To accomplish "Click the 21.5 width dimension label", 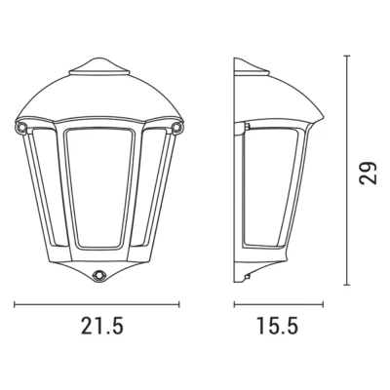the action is tap(102, 326).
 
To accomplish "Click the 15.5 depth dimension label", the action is tap(277, 326).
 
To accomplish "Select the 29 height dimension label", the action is tap(369, 173).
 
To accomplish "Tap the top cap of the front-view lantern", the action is tap(99, 66).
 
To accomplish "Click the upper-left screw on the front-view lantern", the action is tap(20, 128).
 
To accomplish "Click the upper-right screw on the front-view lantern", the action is tap(177, 128).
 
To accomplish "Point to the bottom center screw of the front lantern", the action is tap(97, 275).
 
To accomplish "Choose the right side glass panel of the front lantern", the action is tap(155, 185).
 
